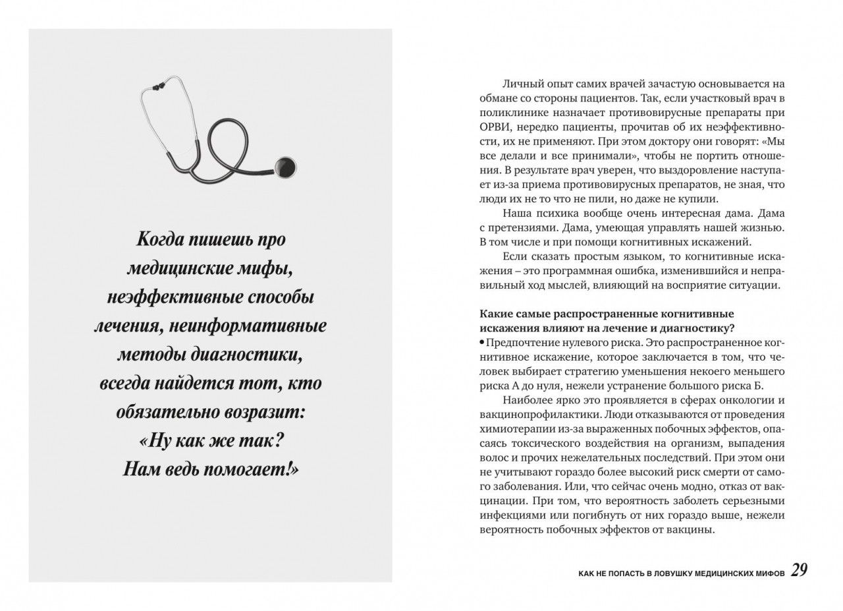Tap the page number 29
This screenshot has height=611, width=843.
[799, 570]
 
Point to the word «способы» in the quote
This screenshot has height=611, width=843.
[276, 297]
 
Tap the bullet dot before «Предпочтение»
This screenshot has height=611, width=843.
[482, 342]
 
